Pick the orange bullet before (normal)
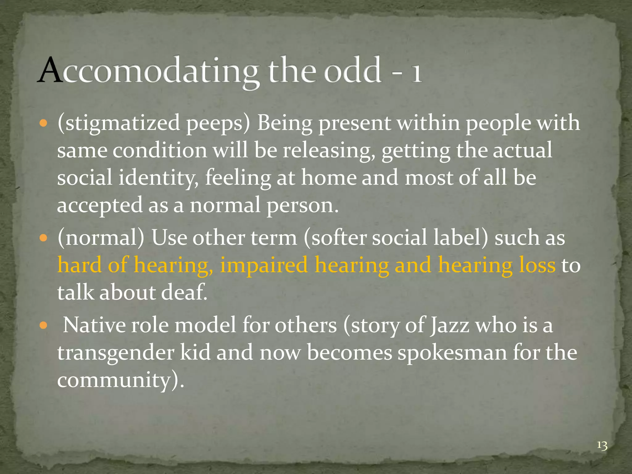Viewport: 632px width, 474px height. [x=44, y=239]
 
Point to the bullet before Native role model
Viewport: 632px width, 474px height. [x=44, y=326]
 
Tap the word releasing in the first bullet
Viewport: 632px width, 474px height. [x=327, y=151]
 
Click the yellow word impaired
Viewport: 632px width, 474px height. [x=264, y=265]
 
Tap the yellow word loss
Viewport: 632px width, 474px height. [x=537, y=265]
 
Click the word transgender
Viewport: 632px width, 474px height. [x=116, y=352]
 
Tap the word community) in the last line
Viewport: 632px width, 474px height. [x=120, y=380]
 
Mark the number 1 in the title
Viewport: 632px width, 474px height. [x=417, y=73]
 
